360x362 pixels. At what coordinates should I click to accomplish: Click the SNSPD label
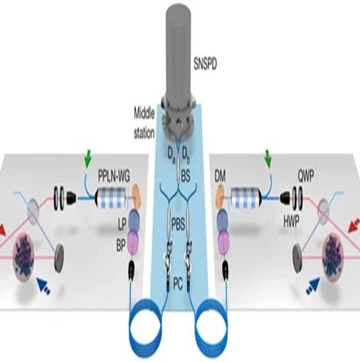(205, 64)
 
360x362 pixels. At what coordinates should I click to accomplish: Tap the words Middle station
(144, 123)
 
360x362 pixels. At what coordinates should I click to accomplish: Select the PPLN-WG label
(114, 177)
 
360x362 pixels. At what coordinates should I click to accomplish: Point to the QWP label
(305, 175)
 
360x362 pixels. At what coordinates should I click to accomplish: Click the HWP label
(292, 222)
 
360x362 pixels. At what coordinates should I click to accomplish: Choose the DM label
(220, 176)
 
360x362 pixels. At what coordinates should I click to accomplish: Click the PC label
(178, 285)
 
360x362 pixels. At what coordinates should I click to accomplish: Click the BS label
(185, 176)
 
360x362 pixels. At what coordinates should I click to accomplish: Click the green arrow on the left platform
(87, 161)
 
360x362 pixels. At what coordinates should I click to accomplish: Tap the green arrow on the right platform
(268, 161)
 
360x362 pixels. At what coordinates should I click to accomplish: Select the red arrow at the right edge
(354, 225)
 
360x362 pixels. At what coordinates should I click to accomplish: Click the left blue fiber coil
(145, 327)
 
